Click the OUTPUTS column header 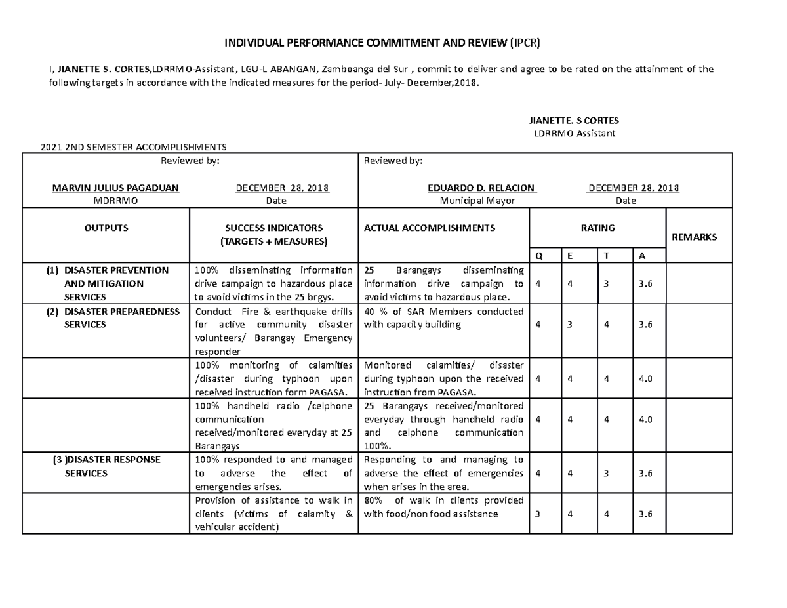coord(106,228)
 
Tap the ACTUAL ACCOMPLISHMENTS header coord(430,228)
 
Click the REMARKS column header coord(696,237)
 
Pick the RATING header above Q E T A coord(597,228)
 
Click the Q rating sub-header coord(539,256)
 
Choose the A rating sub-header coord(642,256)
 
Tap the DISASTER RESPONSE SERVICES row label coord(106,466)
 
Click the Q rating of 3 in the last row coord(538,514)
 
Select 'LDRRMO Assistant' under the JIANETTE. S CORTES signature coord(575,134)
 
